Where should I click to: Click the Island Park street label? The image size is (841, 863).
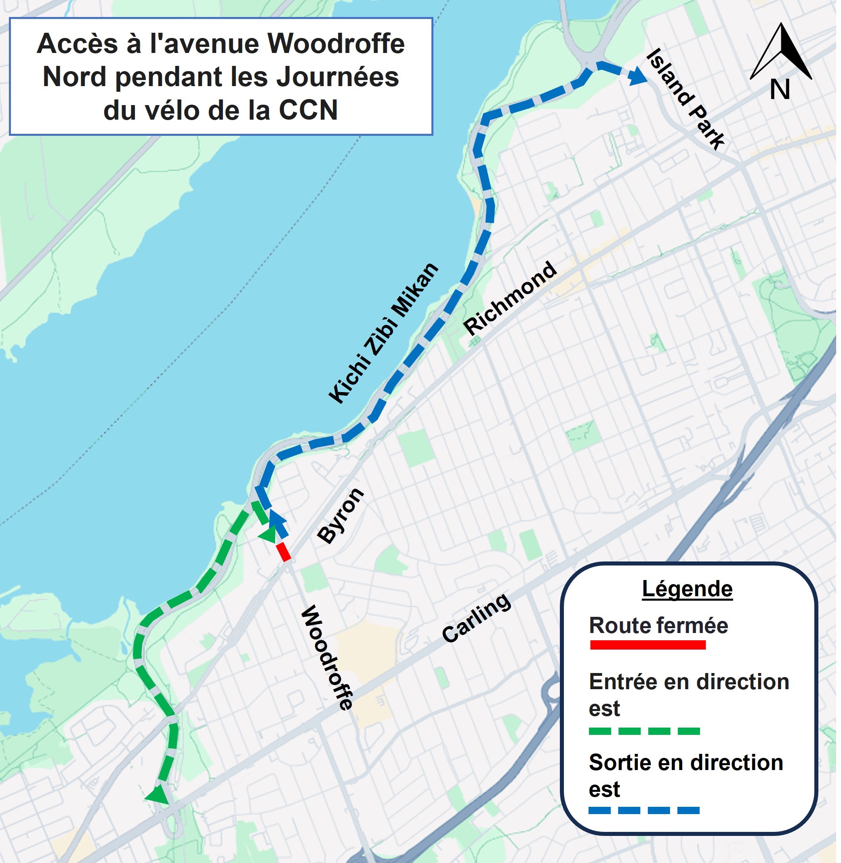685,99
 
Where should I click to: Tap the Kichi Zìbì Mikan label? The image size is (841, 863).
383,332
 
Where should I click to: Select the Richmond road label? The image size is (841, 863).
510,298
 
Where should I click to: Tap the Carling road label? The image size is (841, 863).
477,618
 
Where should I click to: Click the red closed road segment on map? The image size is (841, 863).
283,552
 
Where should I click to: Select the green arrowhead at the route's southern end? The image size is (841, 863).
157,794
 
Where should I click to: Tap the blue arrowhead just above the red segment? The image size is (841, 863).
277,518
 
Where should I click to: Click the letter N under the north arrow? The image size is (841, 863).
780,90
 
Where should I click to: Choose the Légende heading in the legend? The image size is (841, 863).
687,589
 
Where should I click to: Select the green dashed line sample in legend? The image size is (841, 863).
644,731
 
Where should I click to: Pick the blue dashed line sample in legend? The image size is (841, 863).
644,811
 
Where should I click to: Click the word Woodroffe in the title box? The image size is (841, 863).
336,44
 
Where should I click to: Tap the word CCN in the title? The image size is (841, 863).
308,110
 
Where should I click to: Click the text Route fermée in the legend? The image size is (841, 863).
658,626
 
